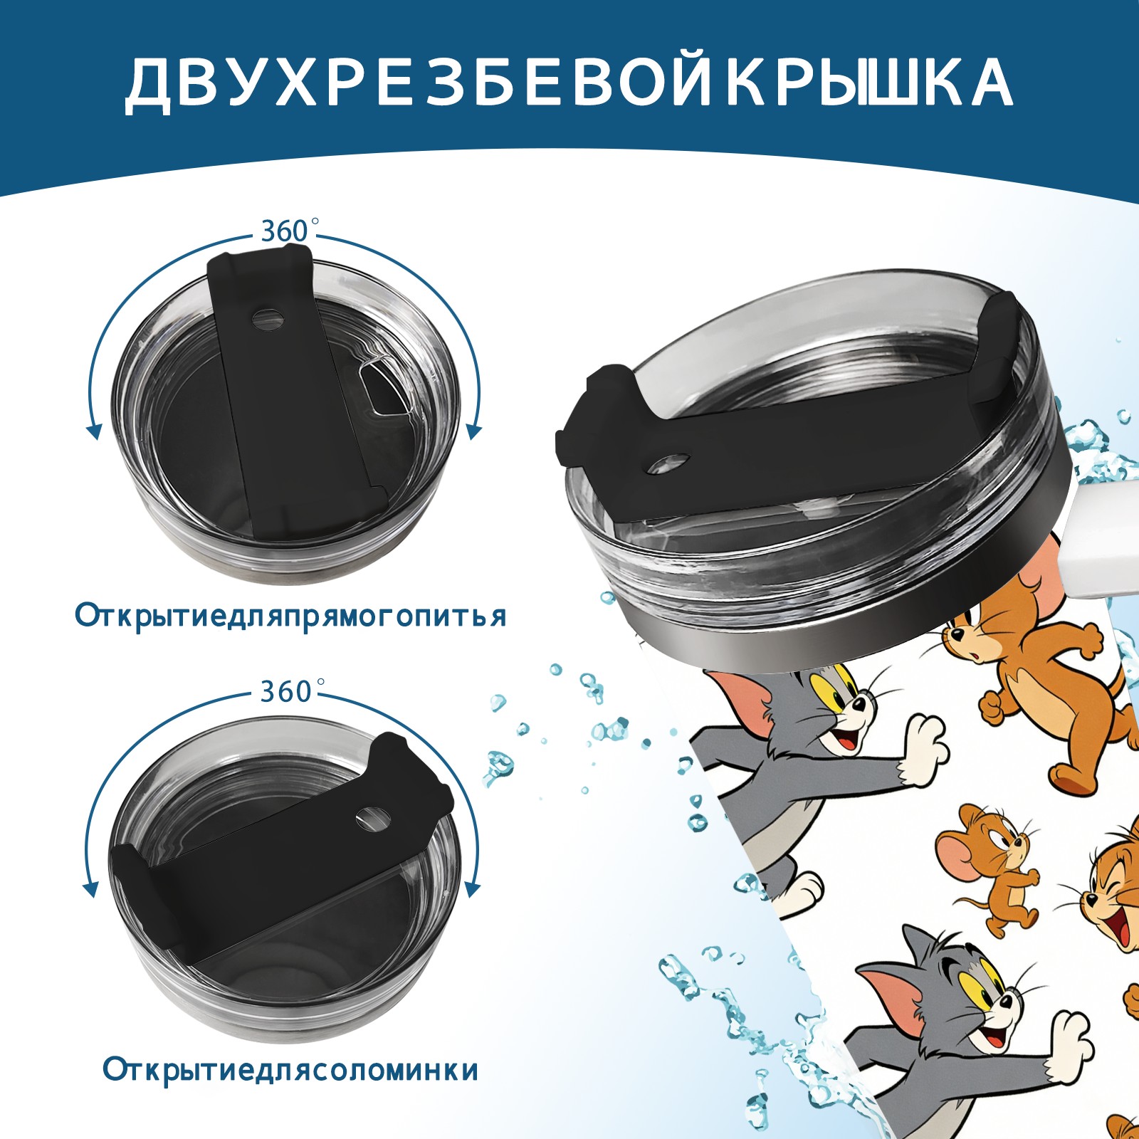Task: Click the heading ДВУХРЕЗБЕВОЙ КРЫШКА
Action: tap(569, 84)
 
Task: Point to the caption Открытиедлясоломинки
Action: tap(290, 1070)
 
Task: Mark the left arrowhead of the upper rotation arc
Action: tap(93, 431)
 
